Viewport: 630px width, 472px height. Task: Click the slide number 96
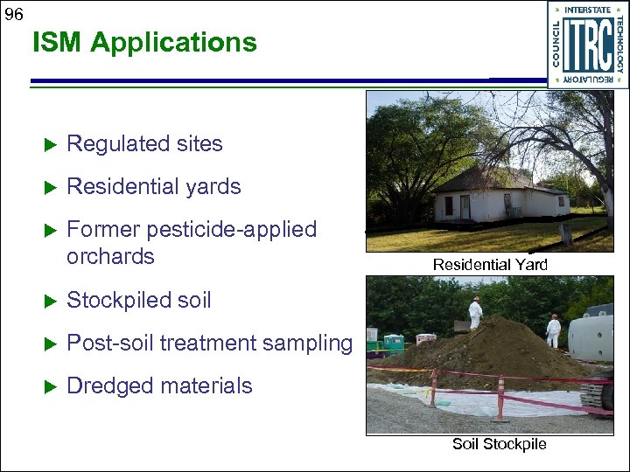[x=14, y=15]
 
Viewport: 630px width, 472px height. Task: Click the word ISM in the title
[x=59, y=42]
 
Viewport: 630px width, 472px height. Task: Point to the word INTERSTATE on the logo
[x=587, y=10]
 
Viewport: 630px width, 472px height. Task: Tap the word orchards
[x=110, y=256]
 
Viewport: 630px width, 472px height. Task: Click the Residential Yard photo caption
[x=489, y=264]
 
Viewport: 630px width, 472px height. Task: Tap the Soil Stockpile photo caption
[x=499, y=444]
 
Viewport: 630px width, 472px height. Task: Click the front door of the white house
[x=465, y=207]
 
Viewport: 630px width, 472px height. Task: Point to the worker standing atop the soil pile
[x=475, y=312]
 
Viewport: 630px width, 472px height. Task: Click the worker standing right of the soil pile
[x=553, y=330]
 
